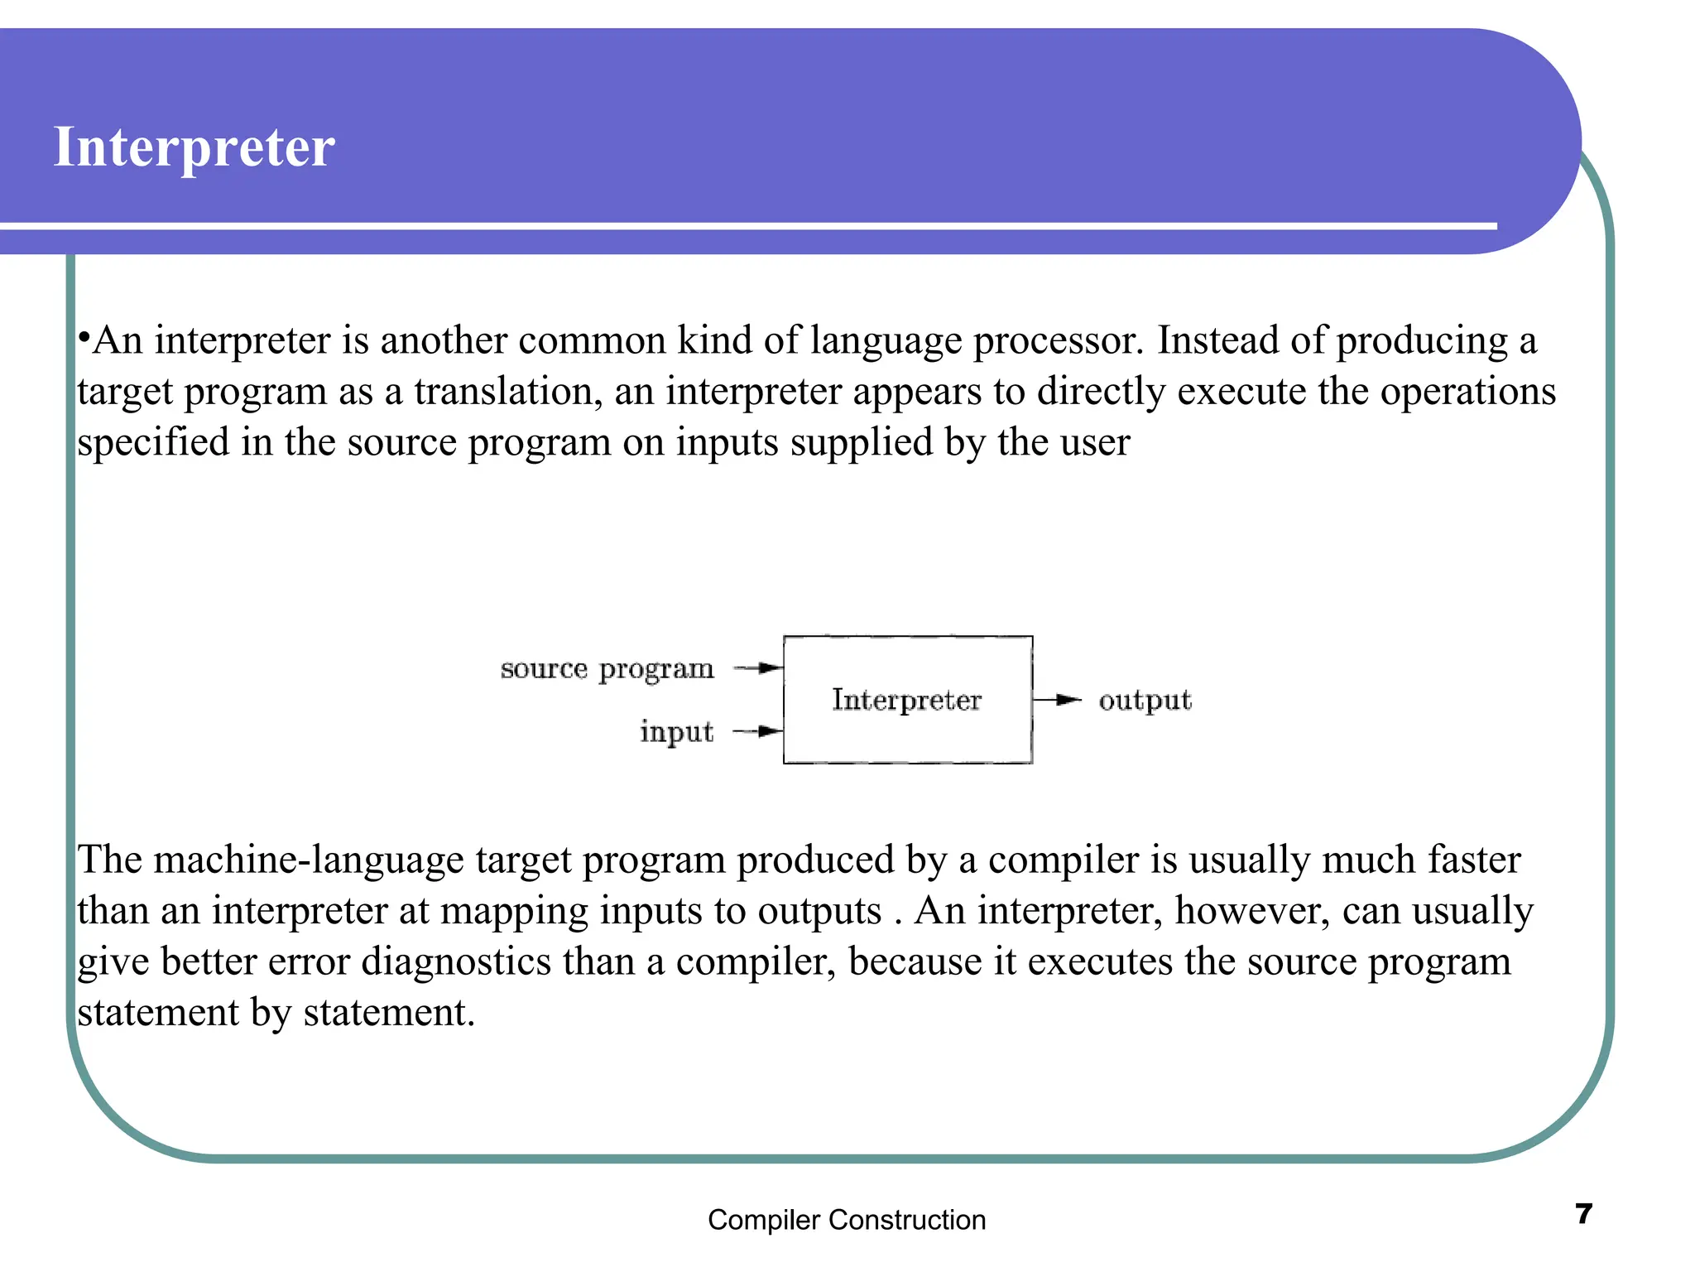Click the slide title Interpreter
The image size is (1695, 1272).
coord(194,147)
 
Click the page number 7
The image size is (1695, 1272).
coord(1583,1213)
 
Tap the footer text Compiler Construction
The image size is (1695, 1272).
coord(847,1220)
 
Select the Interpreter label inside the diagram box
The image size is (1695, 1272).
coord(906,700)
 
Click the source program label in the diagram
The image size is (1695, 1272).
coord(607,669)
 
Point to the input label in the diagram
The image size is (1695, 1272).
coord(676,732)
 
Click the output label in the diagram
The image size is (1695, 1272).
coord(1145,701)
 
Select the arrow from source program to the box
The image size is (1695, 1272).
coord(759,667)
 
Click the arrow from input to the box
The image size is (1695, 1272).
coord(759,731)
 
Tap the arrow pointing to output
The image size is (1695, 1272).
coord(1058,701)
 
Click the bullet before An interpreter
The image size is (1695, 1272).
coord(84,338)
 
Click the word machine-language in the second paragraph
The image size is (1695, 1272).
coord(309,860)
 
